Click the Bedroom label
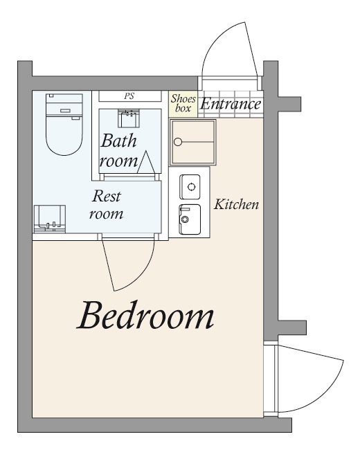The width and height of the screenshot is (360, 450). pos(145,315)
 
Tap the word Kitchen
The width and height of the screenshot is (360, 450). pos(236,204)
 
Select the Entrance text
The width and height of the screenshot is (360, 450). pos(231,104)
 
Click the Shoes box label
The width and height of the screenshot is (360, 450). pos(183,103)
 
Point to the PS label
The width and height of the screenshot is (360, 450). pos(129,96)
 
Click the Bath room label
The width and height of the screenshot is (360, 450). pos(118,150)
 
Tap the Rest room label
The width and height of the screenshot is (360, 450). pos(106,205)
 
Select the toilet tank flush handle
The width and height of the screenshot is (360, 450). pos(65,111)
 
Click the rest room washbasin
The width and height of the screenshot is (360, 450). pos(50,218)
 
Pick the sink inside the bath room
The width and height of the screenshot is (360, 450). pos(129,118)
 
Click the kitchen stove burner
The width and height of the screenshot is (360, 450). pos(190,187)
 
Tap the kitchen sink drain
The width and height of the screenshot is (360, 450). pos(184,219)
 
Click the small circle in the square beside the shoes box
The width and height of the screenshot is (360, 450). pos(178,142)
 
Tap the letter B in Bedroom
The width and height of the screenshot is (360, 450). pos(90,315)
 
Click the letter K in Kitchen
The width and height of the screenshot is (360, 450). pos(219,204)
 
